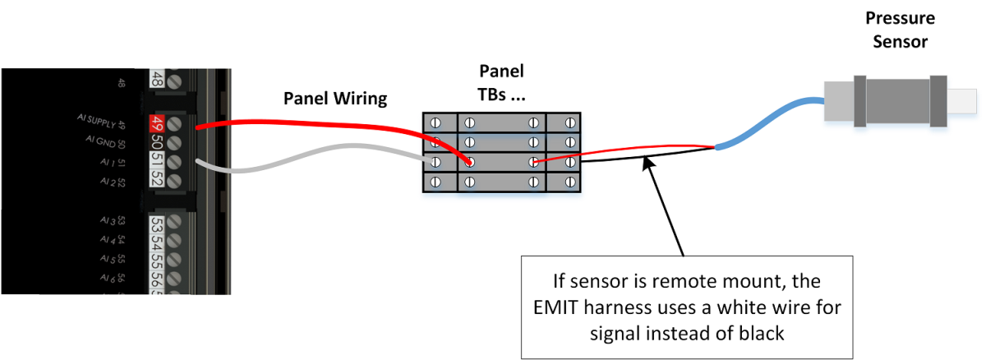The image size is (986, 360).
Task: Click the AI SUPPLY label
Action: pyautogui.click(x=102, y=122)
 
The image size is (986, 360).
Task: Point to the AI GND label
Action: pyautogui.click(x=106, y=141)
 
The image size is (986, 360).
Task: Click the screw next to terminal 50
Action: pyautogui.click(x=174, y=143)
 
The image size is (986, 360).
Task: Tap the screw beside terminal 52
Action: pyautogui.click(x=174, y=178)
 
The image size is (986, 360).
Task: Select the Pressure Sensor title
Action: pyautogui.click(x=901, y=30)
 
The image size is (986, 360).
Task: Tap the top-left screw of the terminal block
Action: pyautogui.click(x=437, y=123)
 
